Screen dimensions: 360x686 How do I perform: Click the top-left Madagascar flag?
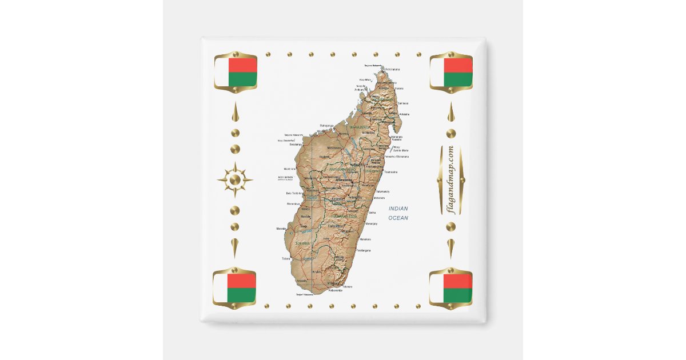coord(235,72)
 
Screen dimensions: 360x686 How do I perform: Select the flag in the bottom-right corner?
coord(450,288)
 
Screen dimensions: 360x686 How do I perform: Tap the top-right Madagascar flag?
coord(450,72)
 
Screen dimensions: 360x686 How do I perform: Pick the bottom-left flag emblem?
coord(234,288)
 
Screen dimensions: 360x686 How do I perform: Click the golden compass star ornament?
coord(235,180)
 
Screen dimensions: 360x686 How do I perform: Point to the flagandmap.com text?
coord(450,180)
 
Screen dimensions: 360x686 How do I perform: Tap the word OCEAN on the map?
coord(398,218)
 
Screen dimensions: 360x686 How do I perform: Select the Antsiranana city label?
coord(392,69)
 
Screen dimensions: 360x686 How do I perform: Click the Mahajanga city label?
coord(326,125)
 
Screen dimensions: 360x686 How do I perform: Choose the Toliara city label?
coord(286,259)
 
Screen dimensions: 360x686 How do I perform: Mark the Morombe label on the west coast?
coord(281,229)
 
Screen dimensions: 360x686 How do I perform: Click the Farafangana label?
coord(364,250)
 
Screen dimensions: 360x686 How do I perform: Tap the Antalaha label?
coord(404,114)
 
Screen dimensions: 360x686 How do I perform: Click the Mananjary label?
coord(371,223)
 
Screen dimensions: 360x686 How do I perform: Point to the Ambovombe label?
coord(334,291)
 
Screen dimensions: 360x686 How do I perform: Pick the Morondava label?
coord(293,203)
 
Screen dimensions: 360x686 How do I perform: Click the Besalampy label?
coord(296,145)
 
